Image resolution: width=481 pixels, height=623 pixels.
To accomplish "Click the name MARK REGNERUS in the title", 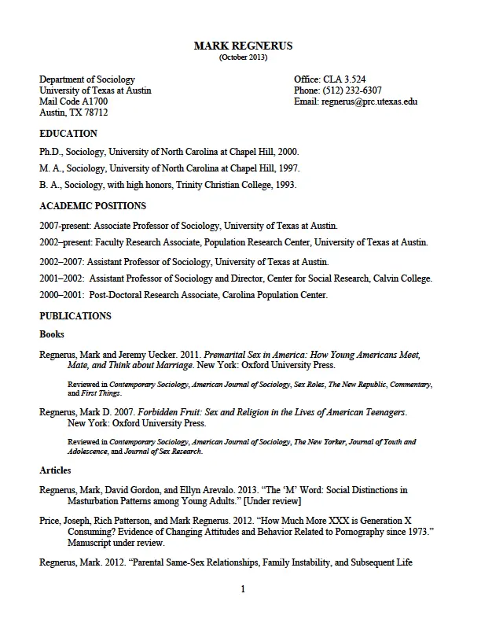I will click(x=243, y=46).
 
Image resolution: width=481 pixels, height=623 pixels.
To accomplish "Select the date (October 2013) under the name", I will click(x=243, y=57).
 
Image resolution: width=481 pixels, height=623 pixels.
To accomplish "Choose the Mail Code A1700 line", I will click(x=74, y=101).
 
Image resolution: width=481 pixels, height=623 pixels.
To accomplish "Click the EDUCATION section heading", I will click(x=68, y=134).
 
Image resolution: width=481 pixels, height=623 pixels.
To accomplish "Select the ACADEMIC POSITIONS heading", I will click(x=93, y=206).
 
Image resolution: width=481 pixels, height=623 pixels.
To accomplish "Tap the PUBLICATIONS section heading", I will click(x=75, y=316).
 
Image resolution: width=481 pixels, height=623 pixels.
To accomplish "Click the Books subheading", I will click(x=52, y=334).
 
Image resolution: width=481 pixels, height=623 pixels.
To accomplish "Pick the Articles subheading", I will click(x=55, y=470).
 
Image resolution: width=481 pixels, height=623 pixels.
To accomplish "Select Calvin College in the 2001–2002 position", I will click(x=404, y=278).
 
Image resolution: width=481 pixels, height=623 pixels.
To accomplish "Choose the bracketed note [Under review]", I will click(x=265, y=501).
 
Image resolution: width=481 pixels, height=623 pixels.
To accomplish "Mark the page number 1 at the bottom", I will click(x=243, y=589).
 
